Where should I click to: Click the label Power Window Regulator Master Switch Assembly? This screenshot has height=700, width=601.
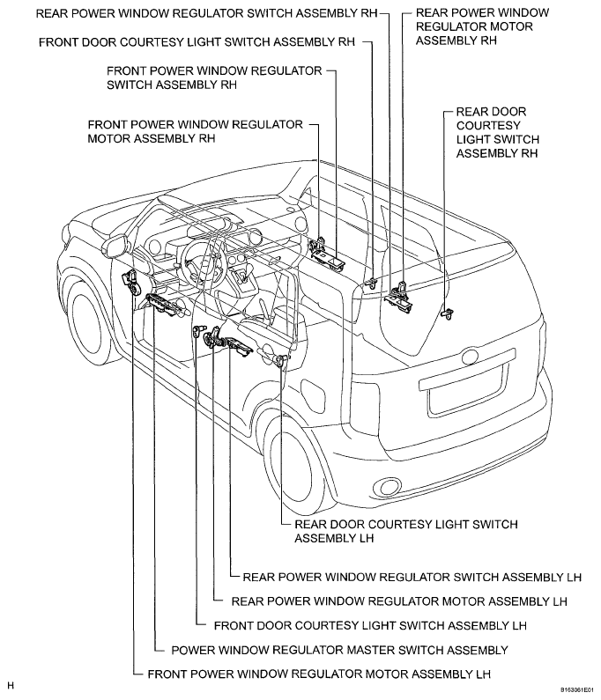339,651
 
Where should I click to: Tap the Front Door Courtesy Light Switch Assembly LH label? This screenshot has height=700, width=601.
370,626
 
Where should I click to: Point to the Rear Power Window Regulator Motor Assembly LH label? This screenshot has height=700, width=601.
397,601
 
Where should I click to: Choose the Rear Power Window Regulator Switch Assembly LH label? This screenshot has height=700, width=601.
412,578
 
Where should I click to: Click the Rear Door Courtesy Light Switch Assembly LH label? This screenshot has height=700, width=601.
405,531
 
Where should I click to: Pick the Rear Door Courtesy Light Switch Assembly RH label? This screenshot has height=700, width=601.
498,133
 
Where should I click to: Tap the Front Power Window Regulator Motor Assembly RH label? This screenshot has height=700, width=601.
195,131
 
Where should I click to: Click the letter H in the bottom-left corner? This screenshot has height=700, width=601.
11,685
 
